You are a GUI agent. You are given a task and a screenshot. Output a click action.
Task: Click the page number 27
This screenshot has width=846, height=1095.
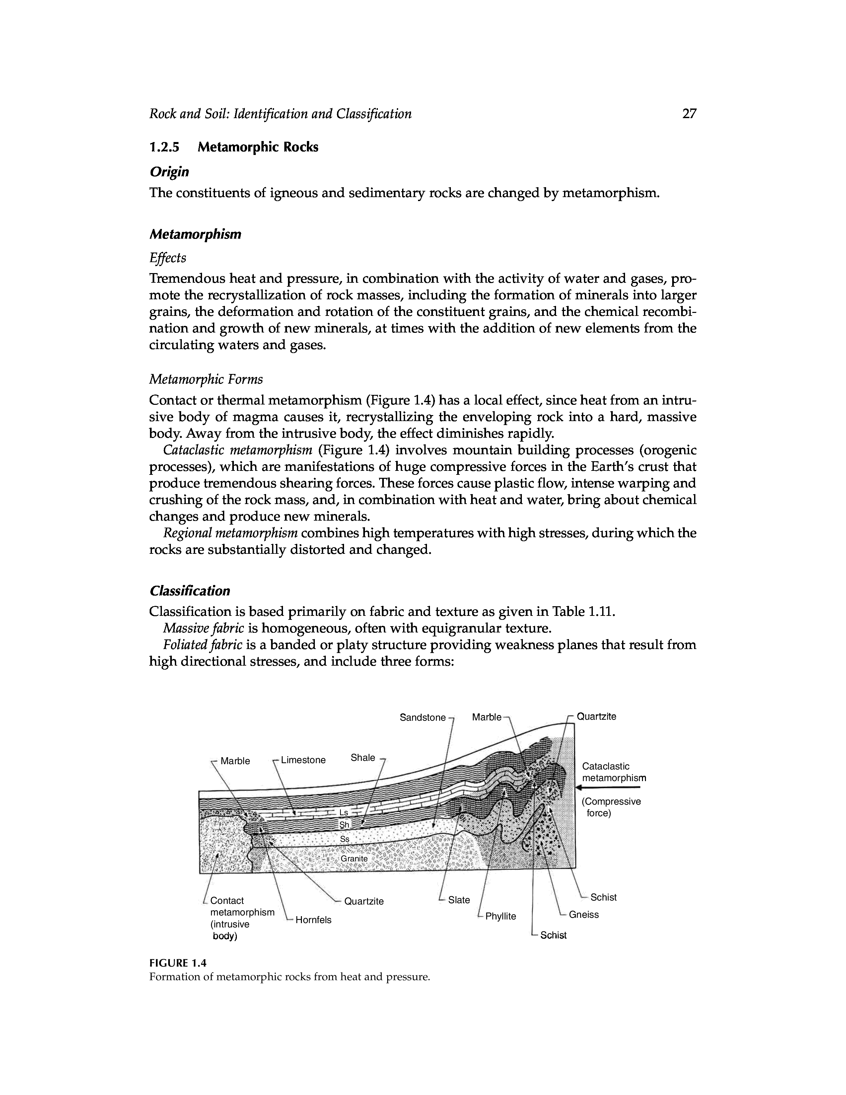tap(689, 114)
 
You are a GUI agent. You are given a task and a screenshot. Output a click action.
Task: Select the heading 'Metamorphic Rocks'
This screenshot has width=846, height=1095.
tap(257, 147)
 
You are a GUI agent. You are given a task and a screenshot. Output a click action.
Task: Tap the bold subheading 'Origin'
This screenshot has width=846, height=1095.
tap(170, 172)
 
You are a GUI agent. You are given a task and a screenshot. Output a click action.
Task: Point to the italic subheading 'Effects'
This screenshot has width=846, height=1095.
tap(168, 258)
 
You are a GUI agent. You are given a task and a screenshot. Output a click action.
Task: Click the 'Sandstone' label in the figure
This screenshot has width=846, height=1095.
tap(422, 717)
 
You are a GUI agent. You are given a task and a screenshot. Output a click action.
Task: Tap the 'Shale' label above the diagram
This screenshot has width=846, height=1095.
tap(363, 758)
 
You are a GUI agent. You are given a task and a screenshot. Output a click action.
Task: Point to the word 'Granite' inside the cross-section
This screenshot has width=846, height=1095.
tap(354, 859)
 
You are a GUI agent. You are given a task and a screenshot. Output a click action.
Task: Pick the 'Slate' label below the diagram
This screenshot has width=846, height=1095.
tap(459, 900)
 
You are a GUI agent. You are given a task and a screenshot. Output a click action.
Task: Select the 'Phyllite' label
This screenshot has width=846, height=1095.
tap(500, 916)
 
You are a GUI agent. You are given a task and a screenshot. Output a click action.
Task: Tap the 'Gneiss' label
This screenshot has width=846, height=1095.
tap(584, 914)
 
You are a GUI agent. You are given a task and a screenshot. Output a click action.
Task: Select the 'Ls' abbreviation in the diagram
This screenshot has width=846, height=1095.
tap(344, 813)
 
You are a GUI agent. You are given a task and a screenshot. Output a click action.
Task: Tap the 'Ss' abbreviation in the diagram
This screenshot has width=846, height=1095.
tap(344, 839)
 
